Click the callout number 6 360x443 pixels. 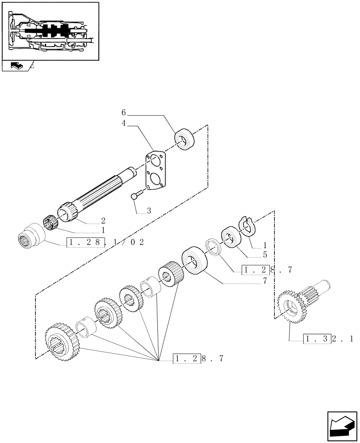click(x=124, y=113)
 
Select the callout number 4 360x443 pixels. click(x=124, y=124)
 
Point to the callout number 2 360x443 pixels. click(x=103, y=220)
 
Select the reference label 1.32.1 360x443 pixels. click(x=329, y=339)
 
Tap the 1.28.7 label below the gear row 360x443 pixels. click(x=198, y=358)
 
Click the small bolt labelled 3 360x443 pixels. click(x=135, y=195)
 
